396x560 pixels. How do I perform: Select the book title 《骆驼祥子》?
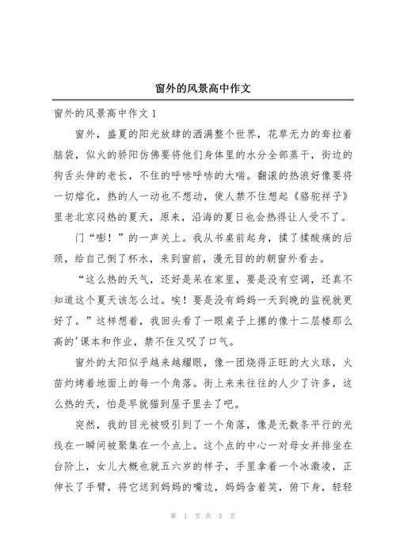(311, 194)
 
